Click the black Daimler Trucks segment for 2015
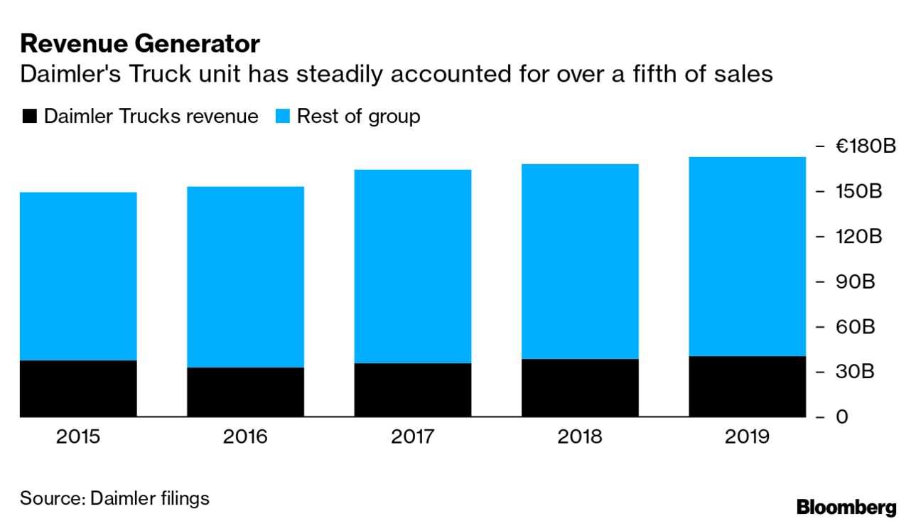pos(78,388)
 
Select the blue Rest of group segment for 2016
pos(245,277)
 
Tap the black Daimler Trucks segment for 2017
pos(412,390)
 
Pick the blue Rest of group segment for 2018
pos(580,261)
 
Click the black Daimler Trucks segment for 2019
pos(747,386)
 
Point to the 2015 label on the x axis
pos(78,436)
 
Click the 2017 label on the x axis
pos(412,436)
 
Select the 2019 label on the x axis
pos(747,436)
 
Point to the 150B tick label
pos(858,192)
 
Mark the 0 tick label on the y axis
pos(841,417)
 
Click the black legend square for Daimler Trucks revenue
pos(29,117)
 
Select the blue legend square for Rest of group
pos(282,117)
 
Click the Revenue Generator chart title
pos(140,45)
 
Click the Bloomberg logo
pos(846,508)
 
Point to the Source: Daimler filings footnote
pos(114,498)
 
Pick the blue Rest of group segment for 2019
pos(747,256)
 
